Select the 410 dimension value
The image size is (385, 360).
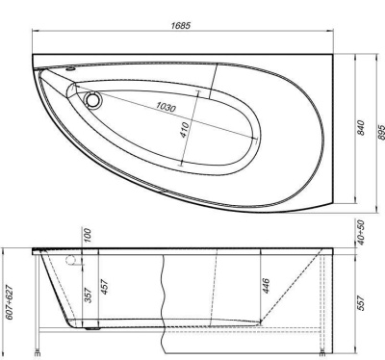coord(184,133)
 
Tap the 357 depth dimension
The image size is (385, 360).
coord(89,295)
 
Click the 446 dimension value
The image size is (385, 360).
coord(265,285)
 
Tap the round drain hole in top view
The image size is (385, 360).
coord(93,98)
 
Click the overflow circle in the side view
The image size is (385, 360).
coord(70,262)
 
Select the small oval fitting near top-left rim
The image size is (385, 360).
coord(72,69)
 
